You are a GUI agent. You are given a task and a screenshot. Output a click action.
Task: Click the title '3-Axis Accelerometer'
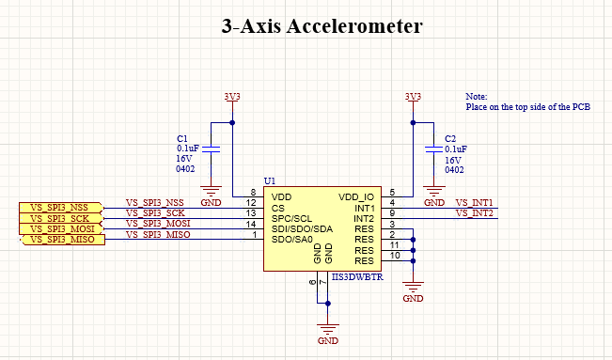pos(322,26)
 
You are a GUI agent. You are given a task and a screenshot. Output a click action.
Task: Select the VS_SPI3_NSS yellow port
pos(58,208)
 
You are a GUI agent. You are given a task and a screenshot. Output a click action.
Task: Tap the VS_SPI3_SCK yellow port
pos(58,218)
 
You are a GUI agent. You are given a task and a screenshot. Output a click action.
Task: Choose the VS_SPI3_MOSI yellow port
pos(58,228)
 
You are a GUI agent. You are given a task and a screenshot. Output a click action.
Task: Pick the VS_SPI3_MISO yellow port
pos(58,240)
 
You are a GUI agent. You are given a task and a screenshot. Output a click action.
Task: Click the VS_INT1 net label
pos(475,203)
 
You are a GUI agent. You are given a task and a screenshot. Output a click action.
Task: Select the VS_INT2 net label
pos(475,213)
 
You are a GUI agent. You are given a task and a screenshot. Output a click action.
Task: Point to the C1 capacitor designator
pos(182,137)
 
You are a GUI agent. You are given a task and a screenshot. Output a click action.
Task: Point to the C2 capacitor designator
pos(450,137)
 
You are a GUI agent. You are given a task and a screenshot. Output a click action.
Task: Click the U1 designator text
pos(269,180)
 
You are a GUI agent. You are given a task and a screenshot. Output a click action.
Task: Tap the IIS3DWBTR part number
pos(357,278)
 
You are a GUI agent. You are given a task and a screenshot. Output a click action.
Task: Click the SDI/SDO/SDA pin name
pos(302,228)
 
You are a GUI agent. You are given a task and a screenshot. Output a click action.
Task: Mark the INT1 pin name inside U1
pos(364,208)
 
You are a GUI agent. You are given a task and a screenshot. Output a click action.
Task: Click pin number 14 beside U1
pos(251,224)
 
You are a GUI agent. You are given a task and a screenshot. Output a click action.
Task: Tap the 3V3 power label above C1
pos(231,97)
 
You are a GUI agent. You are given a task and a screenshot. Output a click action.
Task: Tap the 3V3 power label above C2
pos(413,97)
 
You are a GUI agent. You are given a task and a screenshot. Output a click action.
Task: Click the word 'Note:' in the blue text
pos(477,97)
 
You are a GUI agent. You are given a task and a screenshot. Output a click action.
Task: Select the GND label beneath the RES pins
pos(413,298)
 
